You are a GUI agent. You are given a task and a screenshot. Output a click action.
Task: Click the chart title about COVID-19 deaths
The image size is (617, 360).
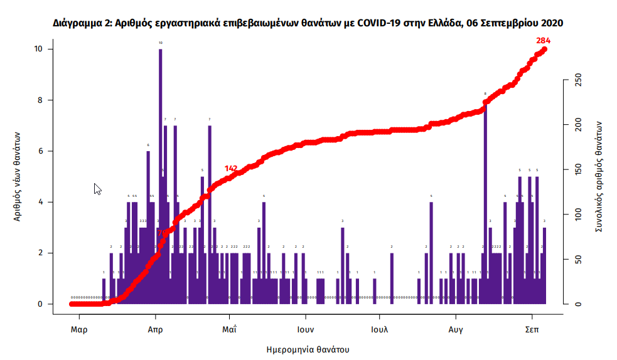click(x=308, y=23)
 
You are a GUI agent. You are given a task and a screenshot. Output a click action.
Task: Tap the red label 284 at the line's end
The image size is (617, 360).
click(x=544, y=41)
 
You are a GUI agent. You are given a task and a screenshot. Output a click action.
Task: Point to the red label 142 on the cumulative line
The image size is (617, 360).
click(x=231, y=169)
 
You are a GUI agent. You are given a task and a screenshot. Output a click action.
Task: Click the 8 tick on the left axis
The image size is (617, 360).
click(x=40, y=100)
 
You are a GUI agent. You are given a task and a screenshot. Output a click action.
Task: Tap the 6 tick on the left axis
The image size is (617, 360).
click(x=40, y=151)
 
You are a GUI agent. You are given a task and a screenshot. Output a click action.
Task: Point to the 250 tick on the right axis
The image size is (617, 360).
click(x=578, y=80)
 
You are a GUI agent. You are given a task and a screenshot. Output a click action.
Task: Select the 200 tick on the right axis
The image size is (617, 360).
click(x=578, y=125)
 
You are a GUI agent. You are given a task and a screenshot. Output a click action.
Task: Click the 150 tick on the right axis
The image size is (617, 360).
click(x=578, y=170)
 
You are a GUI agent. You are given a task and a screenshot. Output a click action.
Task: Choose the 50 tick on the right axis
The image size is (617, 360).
click(x=578, y=259)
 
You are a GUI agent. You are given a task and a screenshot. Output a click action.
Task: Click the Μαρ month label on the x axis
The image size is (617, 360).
click(x=78, y=329)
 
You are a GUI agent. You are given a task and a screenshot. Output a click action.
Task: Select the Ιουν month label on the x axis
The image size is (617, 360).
click(x=305, y=329)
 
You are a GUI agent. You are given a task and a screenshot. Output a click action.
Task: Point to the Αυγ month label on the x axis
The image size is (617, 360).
click(x=456, y=329)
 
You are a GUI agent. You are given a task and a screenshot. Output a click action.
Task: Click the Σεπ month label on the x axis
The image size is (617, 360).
click(x=533, y=329)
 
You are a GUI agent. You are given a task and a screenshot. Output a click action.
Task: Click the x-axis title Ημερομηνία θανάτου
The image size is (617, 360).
click(x=308, y=349)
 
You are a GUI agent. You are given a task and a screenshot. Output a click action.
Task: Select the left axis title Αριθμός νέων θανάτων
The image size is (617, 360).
click(x=19, y=176)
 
